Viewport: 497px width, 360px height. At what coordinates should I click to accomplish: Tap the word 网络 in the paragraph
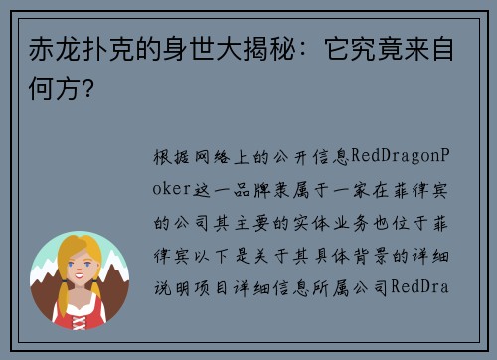pos(217,157)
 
